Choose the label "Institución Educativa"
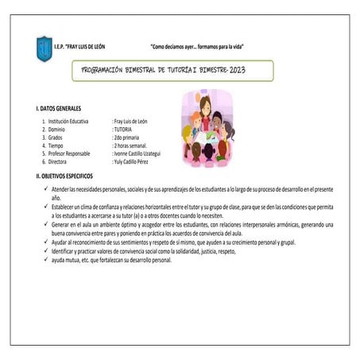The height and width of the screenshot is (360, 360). point(69,121)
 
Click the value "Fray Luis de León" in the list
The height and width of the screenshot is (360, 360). point(137,121)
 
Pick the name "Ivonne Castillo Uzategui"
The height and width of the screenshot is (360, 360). point(143,153)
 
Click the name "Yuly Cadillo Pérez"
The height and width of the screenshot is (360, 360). point(137,161)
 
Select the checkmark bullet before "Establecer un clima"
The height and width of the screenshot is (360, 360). point(46,207)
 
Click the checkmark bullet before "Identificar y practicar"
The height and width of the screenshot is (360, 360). point(46,250)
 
